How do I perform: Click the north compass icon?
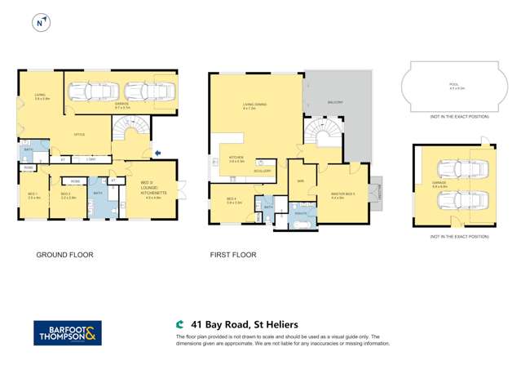tap(39, 24)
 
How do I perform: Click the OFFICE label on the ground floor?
tap(80, 135)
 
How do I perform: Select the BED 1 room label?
tap(33, 195)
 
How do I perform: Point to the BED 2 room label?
tap(68, 195)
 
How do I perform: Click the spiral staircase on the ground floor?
tap(130, 131)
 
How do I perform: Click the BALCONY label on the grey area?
tap(335, 102)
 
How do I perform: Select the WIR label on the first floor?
tap(301, 180)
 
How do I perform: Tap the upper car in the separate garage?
tap(453, 171)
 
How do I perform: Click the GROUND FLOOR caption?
tap(65, 255)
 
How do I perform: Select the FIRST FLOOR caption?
tap(233, 255)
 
